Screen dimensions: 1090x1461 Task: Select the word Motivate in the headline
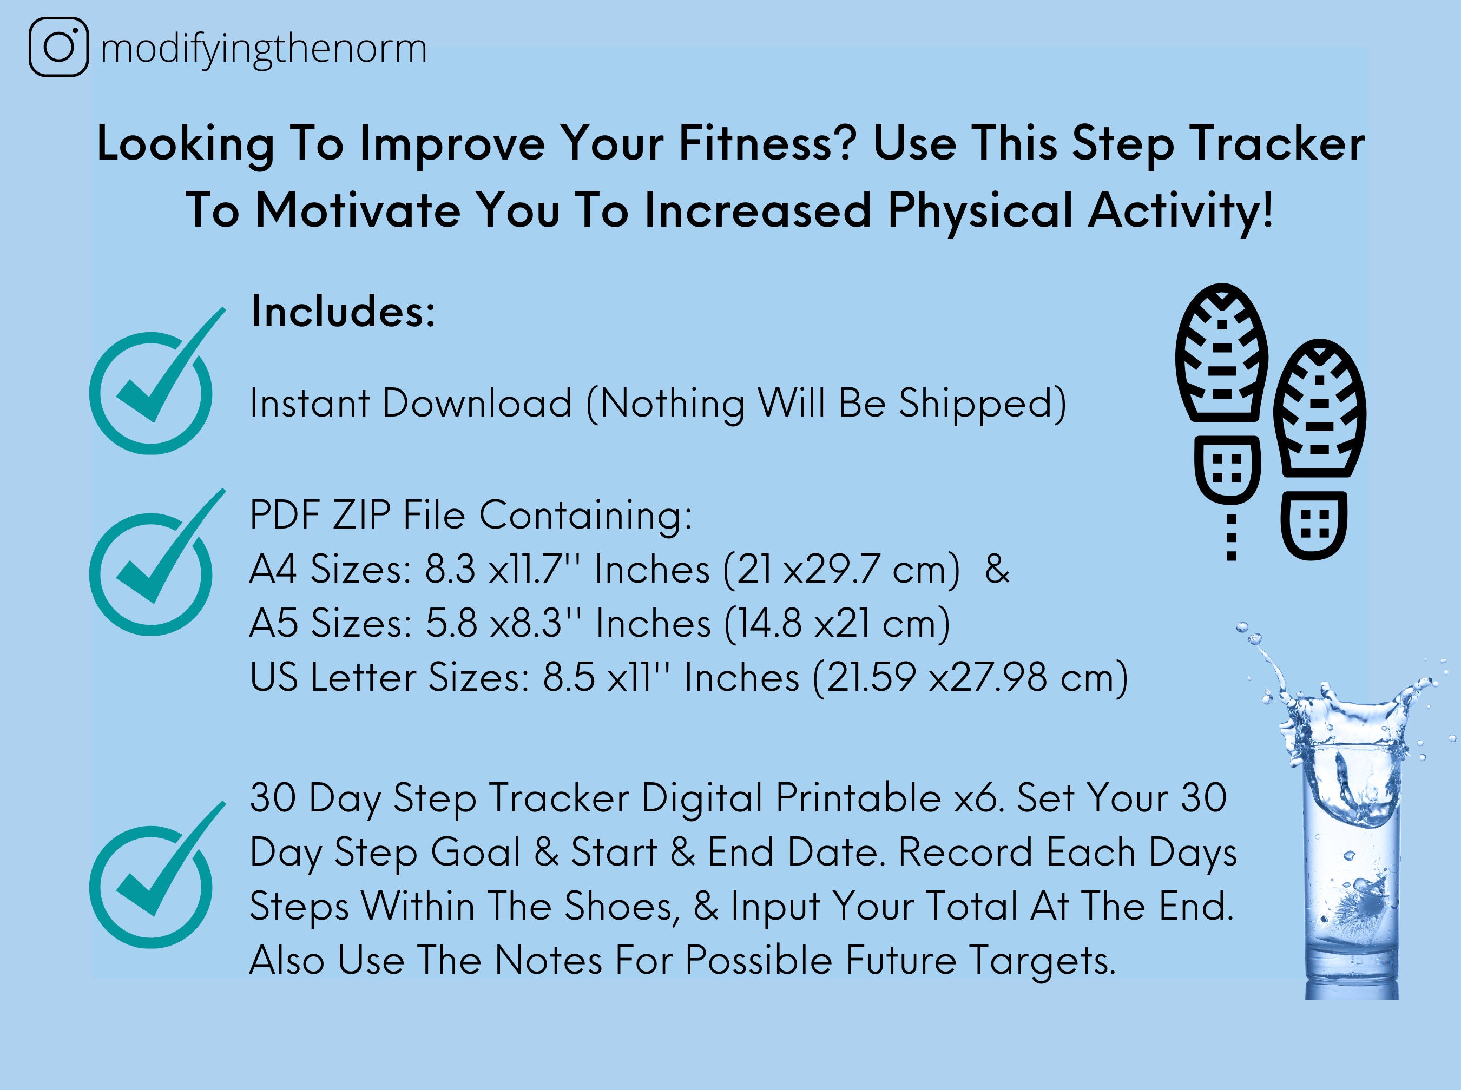[357, 210]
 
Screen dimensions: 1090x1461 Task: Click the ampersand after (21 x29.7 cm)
[996, 569]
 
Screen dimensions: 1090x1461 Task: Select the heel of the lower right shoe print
[1314, 525]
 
